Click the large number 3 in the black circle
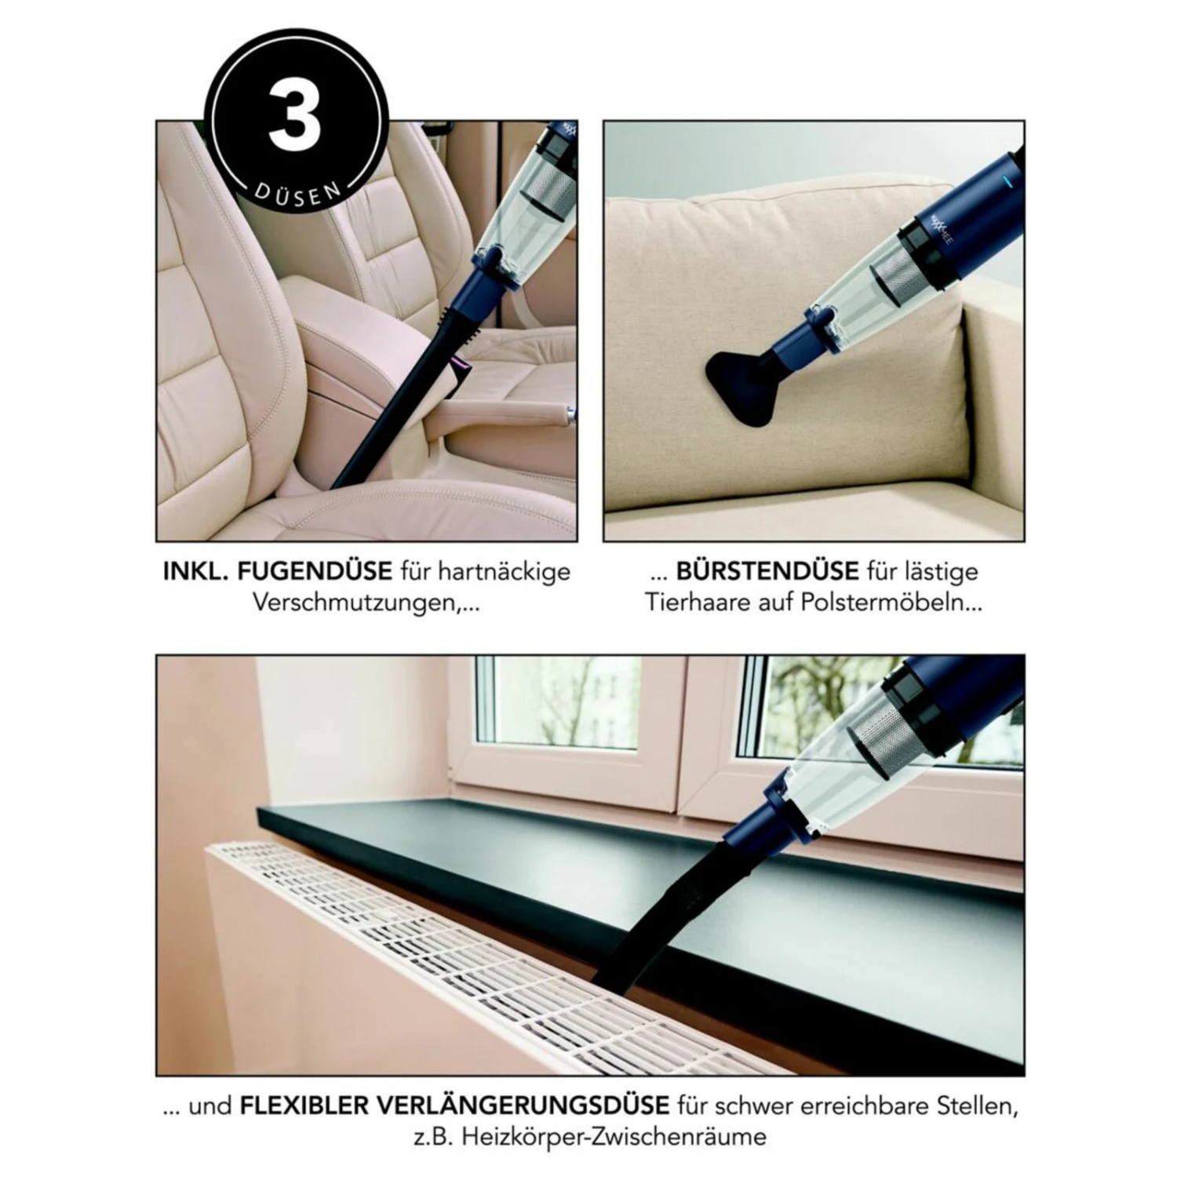click(x=295, y=119)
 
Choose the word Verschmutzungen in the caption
click(x=352, y=603)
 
